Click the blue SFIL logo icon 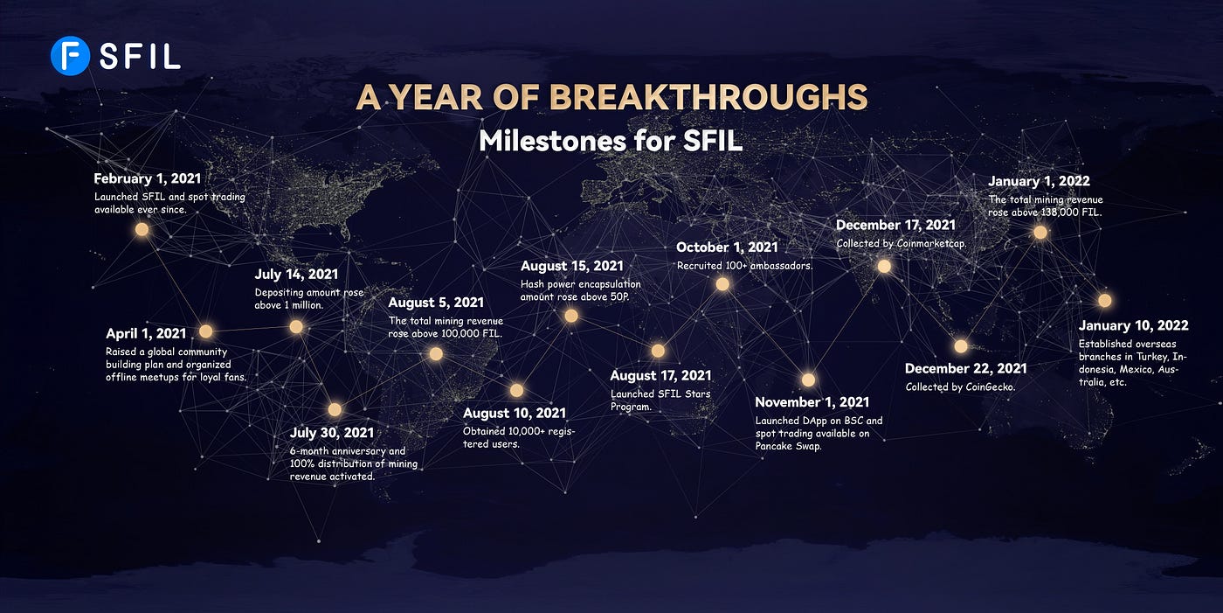(x=70, y=56)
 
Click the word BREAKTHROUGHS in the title (x=708, y=97)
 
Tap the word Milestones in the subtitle (x=552, y=141)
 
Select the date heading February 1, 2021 (x=148, y=178)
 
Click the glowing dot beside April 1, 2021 (x=206, y=331)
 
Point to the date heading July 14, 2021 (x=296, y=275)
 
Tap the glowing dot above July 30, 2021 (x=335, y=410)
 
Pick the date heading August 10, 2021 (x=515, y=413)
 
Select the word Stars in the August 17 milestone (x=698, y=394)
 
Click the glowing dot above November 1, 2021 (x=809, y=380)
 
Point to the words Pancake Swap (x=788, y=446)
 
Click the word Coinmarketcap (x=931, y=244)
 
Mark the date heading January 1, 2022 (x=1039, y=181)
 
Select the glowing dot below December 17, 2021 (x=884, y=266)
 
